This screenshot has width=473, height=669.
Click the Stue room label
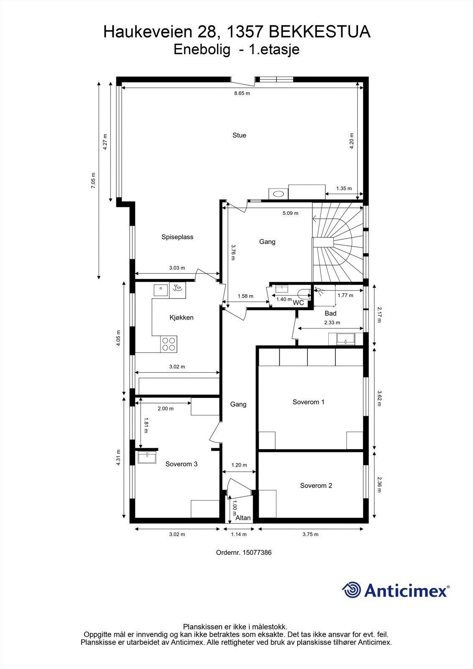tap(239, 135)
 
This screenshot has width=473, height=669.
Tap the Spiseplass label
tap(177, 237)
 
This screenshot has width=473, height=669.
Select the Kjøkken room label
tap(182, 317)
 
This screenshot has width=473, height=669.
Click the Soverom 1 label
tap(308, 402)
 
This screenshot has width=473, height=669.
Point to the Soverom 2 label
tap(316, 485)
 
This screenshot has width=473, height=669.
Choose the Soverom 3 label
tap(181, 464)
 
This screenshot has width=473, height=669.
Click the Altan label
tap(243, 518)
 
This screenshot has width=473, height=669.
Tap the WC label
tap(298, 303)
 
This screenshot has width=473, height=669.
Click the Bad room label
tap(330, 313)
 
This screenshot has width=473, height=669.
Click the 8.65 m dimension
tap(242, 93)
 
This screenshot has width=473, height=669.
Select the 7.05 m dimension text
tap(93, 181)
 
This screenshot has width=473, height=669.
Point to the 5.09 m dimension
tap(290, 213)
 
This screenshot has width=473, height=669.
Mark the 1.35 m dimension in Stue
tap(344, 189)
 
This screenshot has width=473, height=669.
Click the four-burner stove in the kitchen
tap(169, 344)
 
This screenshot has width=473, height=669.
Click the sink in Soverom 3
tap(147, 457)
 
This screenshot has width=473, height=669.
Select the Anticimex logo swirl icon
tap(352, 590)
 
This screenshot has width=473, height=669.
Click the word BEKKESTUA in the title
tap(319, 32)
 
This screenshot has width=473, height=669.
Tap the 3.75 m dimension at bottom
tap(310, 534)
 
